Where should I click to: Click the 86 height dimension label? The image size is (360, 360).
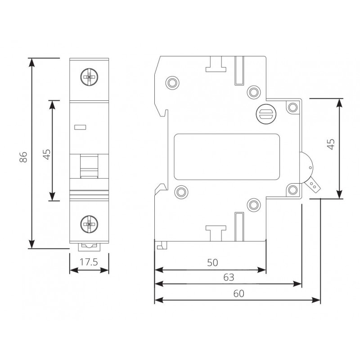coord(23,157)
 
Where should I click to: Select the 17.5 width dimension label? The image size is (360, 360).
coord(89,262)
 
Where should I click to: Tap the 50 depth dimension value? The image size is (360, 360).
coord(212,263)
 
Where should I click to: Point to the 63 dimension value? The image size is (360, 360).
coord(229,277)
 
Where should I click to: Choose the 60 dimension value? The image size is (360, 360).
coord(239,293)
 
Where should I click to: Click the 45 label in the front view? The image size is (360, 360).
coord(47,154)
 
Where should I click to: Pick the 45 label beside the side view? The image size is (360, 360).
coord(331,144)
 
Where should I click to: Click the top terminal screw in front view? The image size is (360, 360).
coord(89,77)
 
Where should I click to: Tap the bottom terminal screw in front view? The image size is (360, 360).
coord(89,224)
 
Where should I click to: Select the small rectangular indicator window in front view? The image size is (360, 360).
coord(80,127)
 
